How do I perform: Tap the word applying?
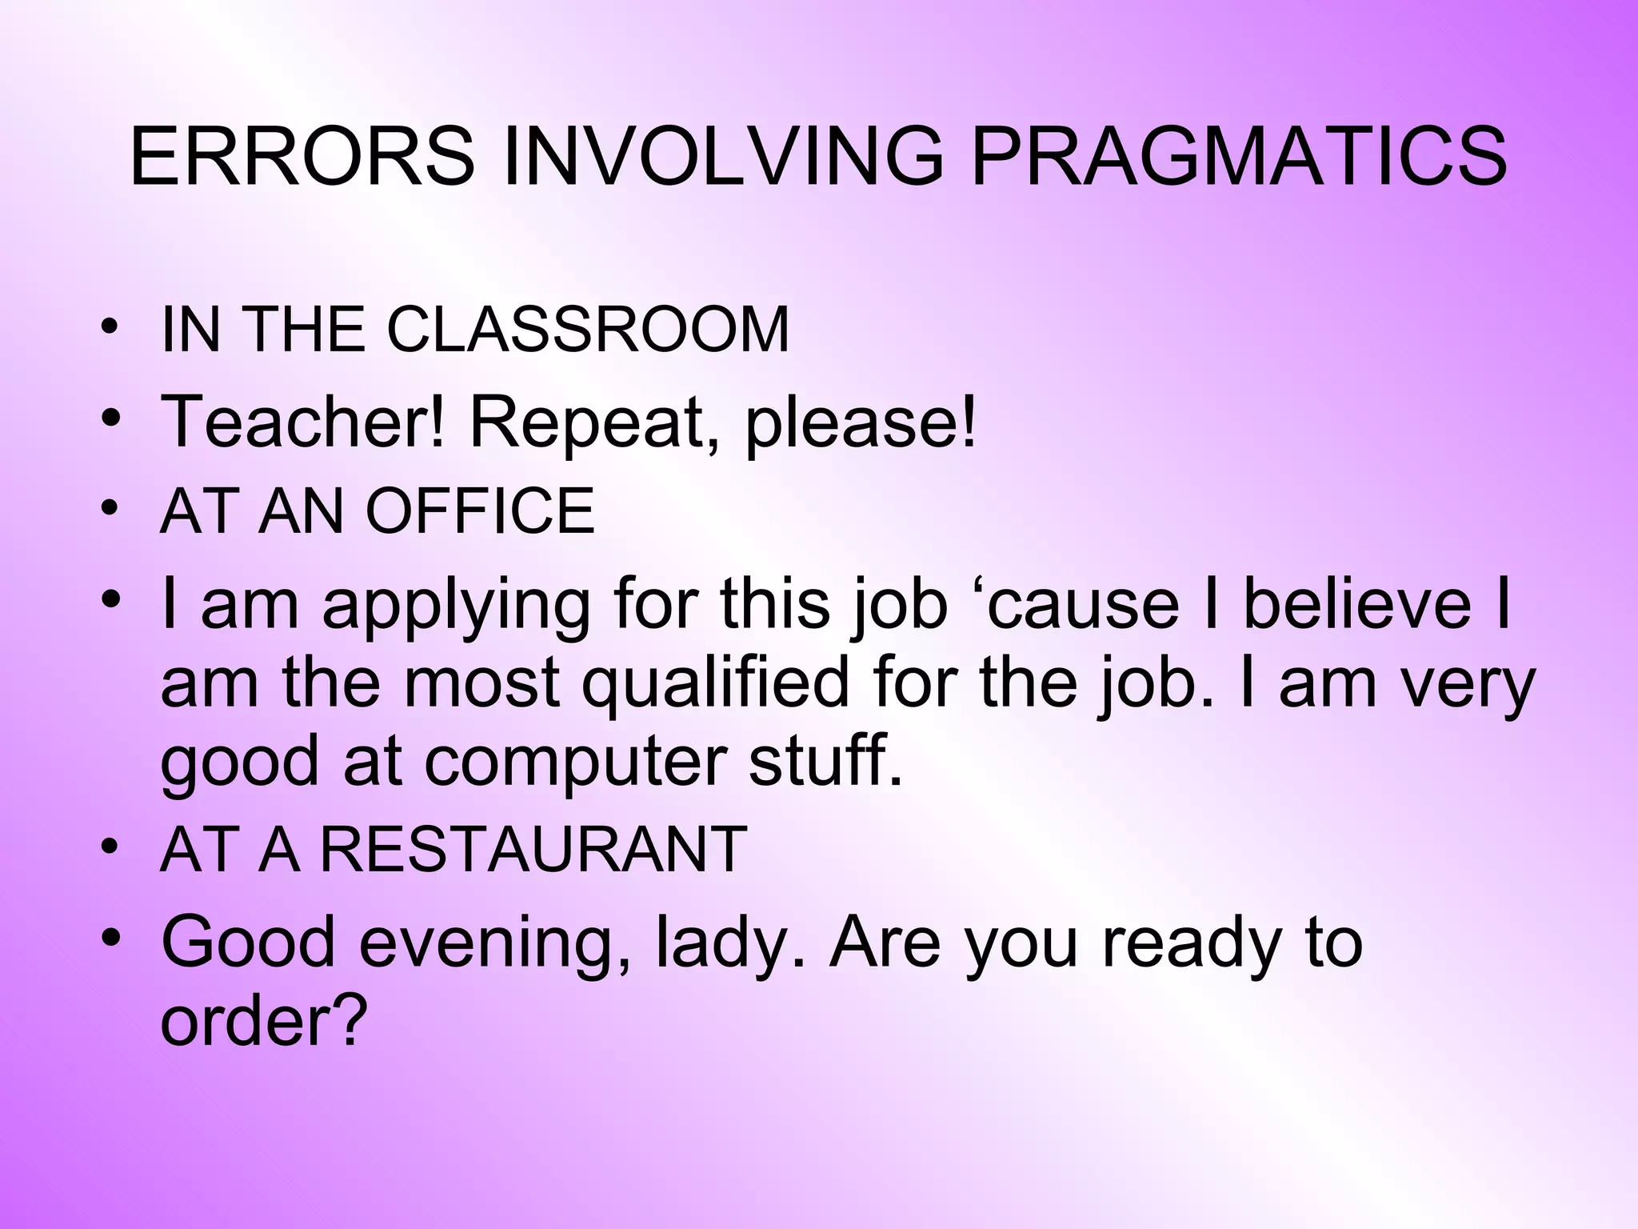(455, 606)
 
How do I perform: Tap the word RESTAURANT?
(533, 850)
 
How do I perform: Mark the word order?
(263, 1022)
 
